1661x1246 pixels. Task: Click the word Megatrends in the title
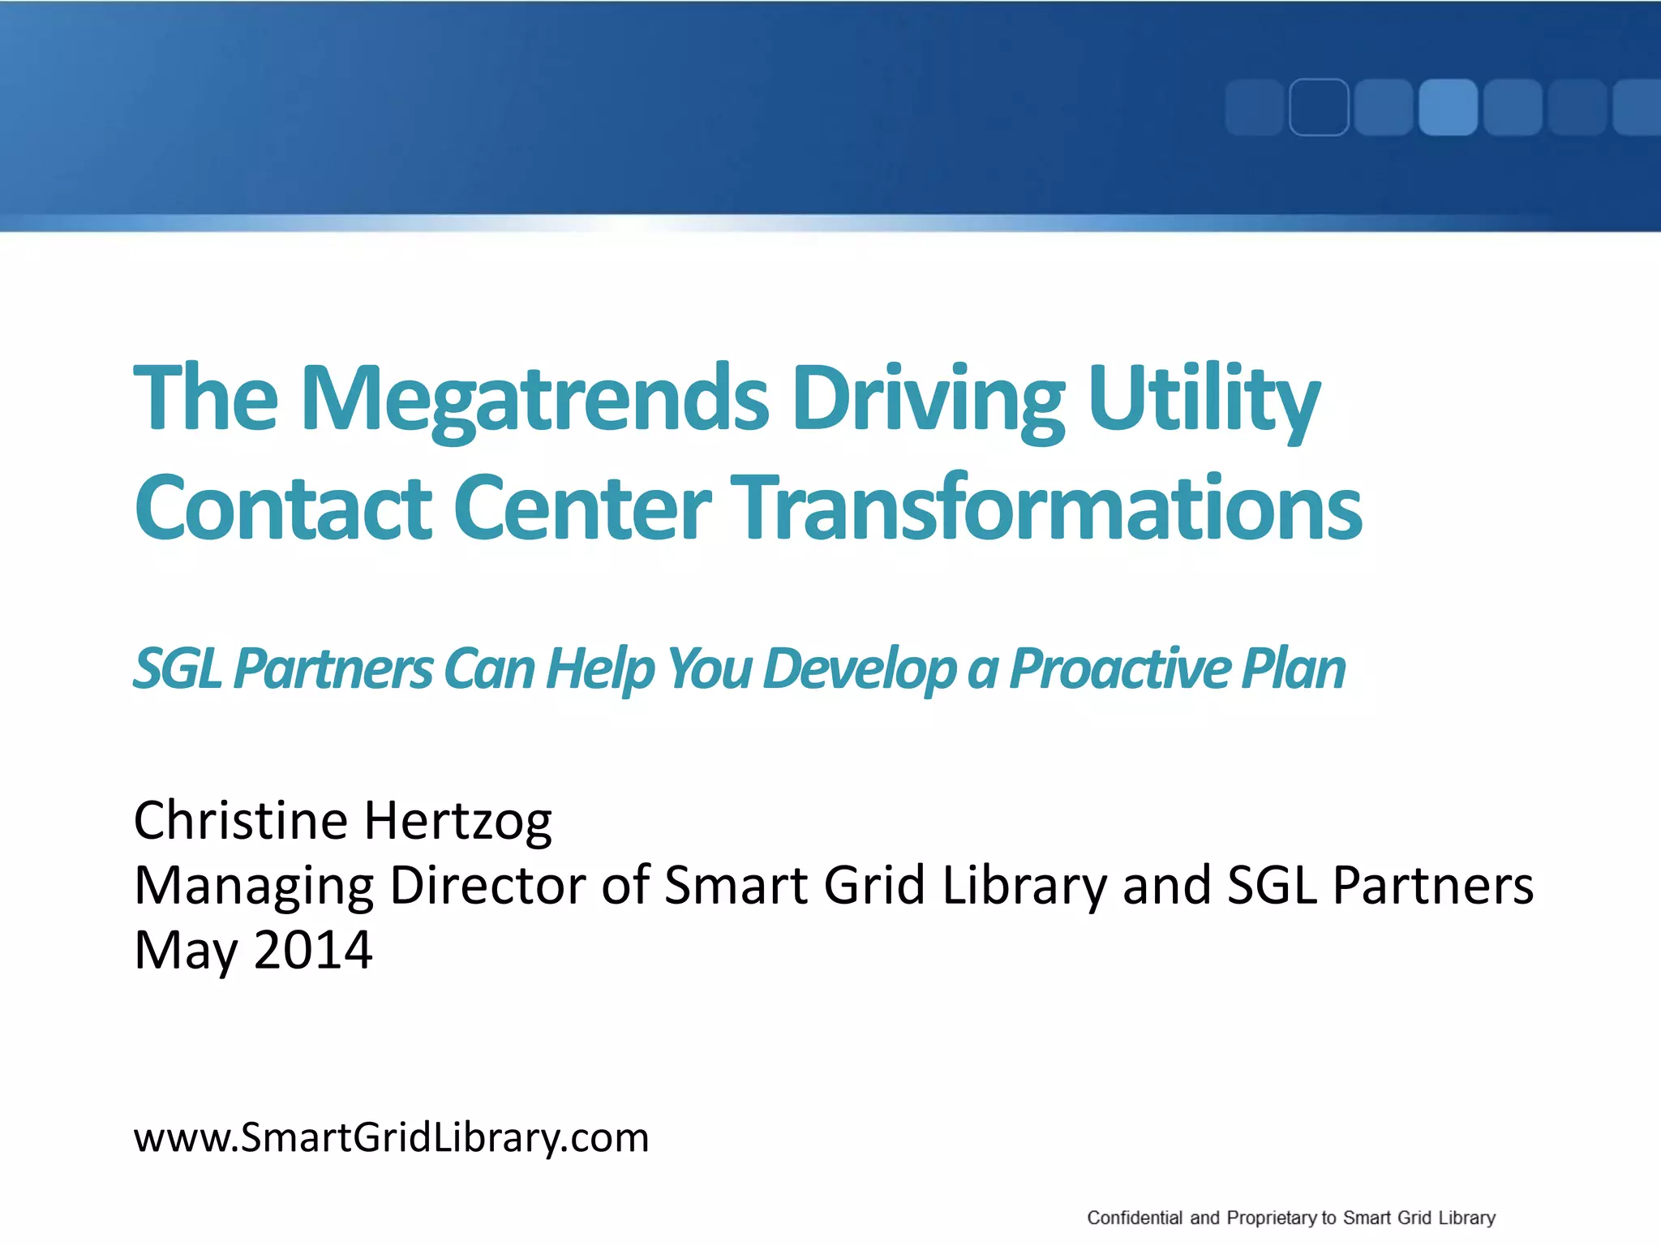click(534, 399)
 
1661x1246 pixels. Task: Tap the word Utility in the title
click(1204, 399)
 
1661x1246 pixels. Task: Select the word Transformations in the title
click(1046, 508)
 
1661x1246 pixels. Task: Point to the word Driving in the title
click(928, 399)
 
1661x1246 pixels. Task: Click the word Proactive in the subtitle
click(1119, 669)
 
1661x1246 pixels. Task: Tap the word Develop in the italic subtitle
click(859, 669)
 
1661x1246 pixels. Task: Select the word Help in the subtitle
click(599, 669)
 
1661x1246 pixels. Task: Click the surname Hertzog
click(457, 821)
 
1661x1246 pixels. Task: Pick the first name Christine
click(241, 821)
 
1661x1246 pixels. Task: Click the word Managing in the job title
click(254, 886)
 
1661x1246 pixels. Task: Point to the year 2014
click(313, 950)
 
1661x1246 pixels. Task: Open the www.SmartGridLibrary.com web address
click(391, 1137)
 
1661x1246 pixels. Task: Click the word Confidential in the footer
click(1134, 1218)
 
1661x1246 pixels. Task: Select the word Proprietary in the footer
click(1272, 1218)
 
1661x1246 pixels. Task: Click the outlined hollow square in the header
click(1319, 107)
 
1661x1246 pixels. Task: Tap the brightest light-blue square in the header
click(1448, 107)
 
